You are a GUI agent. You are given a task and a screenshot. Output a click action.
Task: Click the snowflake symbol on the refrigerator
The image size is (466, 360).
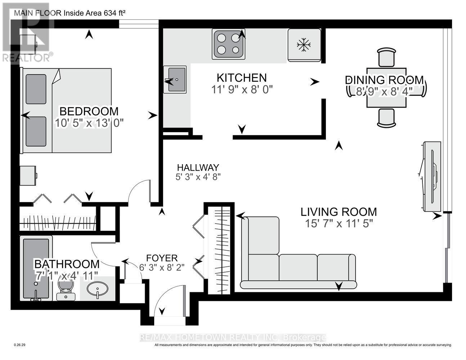(304, 45)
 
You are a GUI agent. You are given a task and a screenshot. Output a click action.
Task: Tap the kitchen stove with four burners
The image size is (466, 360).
(229, 44)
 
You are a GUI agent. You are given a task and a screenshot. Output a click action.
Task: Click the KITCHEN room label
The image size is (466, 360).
(242, 78)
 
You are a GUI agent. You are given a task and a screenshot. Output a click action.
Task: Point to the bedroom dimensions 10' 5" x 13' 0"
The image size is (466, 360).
(89, 123)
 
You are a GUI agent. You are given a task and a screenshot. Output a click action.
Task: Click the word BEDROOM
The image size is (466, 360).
(89, 112)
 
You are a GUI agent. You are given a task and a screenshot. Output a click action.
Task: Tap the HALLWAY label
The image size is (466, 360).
(198, 167)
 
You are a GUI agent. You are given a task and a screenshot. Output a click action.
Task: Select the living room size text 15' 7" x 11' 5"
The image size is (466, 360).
(339, 224)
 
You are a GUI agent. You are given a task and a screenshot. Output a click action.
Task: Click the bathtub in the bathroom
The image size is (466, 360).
(36, 269)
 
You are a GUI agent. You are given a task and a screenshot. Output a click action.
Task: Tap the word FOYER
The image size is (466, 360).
(162, 258)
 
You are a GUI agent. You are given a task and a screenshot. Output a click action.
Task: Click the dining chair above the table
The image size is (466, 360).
(386, 58)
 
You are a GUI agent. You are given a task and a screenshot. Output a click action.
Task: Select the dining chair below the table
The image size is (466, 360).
(386, 118)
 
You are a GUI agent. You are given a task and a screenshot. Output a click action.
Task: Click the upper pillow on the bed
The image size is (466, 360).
(36, 89)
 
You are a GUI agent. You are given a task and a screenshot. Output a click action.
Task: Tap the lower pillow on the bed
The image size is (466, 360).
(36, 131)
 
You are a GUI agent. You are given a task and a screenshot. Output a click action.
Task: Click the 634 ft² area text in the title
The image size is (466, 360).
(115, 13)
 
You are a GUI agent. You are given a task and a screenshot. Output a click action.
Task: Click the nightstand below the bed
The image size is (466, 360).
(28, 176)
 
